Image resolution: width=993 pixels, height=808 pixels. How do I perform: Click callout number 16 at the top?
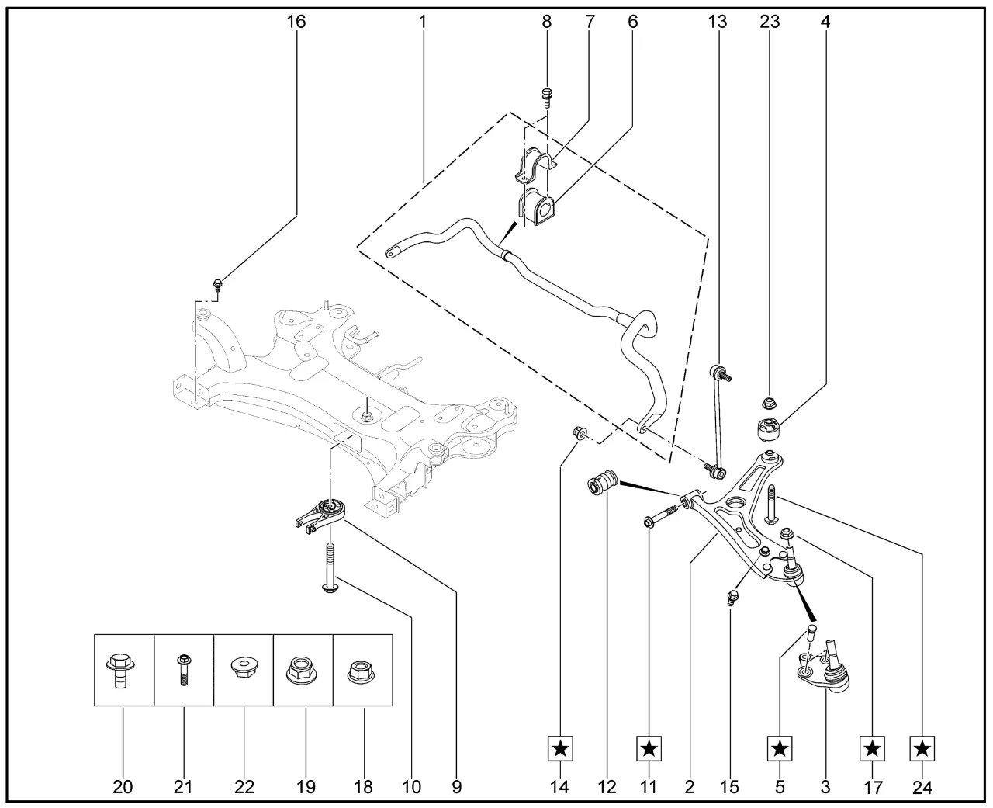(x=296, y=22)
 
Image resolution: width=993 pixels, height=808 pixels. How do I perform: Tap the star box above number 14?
(x=560, y=749)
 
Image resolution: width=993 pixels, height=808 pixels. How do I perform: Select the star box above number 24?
(x=922, y=749)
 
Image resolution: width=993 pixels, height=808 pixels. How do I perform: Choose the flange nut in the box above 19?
(x=303, y=670)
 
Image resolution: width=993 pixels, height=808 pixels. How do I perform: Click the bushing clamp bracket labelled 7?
(x=535, y=165)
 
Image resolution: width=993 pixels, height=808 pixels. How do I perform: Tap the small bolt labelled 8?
(x=546, y=98)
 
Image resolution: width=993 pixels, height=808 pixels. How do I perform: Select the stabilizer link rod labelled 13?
(x=719, y=419)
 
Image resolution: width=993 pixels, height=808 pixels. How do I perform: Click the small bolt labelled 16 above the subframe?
(x=218, y=284)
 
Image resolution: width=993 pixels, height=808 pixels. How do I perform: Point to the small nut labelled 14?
(x=578, y=432)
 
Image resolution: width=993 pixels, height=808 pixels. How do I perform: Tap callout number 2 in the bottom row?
(x=689, y=788)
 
